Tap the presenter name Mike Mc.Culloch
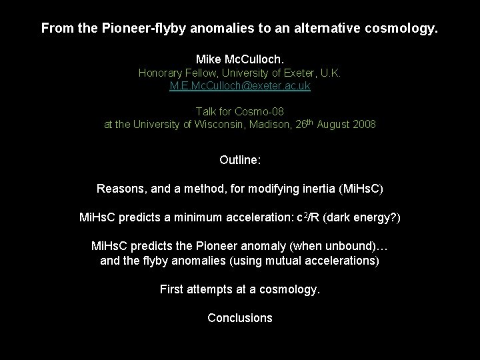point(239,59)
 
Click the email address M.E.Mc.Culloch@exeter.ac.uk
point(239,86)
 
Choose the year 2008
point(363,124)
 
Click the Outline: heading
point(239,160)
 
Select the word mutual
point(293,261)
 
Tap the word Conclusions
point(239,318)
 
